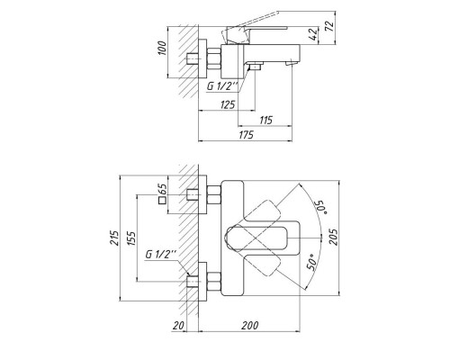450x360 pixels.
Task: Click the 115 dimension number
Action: pyautogui.click(x=265, y=120)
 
